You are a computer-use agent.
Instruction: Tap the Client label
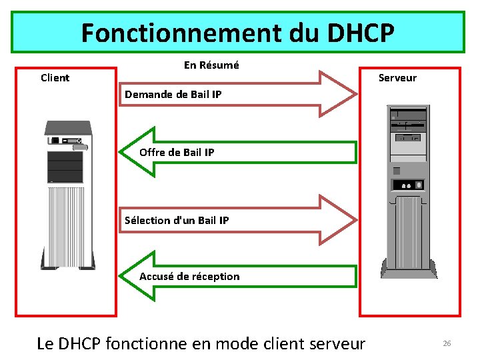coord(55,78)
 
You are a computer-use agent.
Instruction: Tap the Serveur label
coord(397,78)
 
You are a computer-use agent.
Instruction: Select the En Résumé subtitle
coord(211,65)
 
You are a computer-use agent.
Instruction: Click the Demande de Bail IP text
coord(173,95)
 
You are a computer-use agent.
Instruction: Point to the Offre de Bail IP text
coord(177,152)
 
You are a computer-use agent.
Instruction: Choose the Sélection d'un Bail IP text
coord(177,220)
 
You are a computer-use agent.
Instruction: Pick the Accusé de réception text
coord(189,276)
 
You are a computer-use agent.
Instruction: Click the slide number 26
coord(447,343)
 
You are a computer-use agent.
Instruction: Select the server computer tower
coord(408,191)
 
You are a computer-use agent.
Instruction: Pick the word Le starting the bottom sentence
coord(45,344)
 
